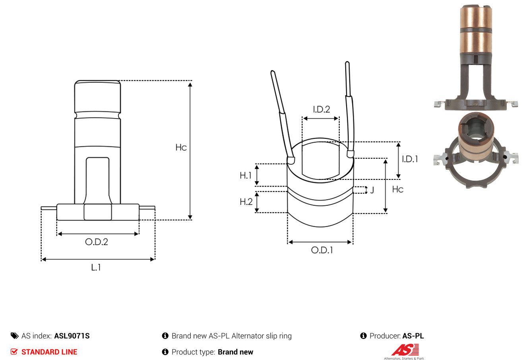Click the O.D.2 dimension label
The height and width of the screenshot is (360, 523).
[x=97, y=242]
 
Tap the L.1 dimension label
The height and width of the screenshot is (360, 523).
[x=96, y=267]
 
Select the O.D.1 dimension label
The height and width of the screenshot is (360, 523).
[x=322, y=250]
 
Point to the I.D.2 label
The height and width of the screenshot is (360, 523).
[x=322, y=109]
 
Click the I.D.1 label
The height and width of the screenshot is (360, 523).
[x=410, y=159]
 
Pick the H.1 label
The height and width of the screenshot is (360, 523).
[x=245, y=175]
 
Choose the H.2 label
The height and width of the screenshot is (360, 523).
[x=246, y=202]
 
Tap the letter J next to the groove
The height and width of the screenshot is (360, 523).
[x=372, y=190]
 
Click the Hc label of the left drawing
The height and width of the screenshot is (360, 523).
[x=181, y=147]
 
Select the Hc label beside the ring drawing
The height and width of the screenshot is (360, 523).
[x=398, y=189]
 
